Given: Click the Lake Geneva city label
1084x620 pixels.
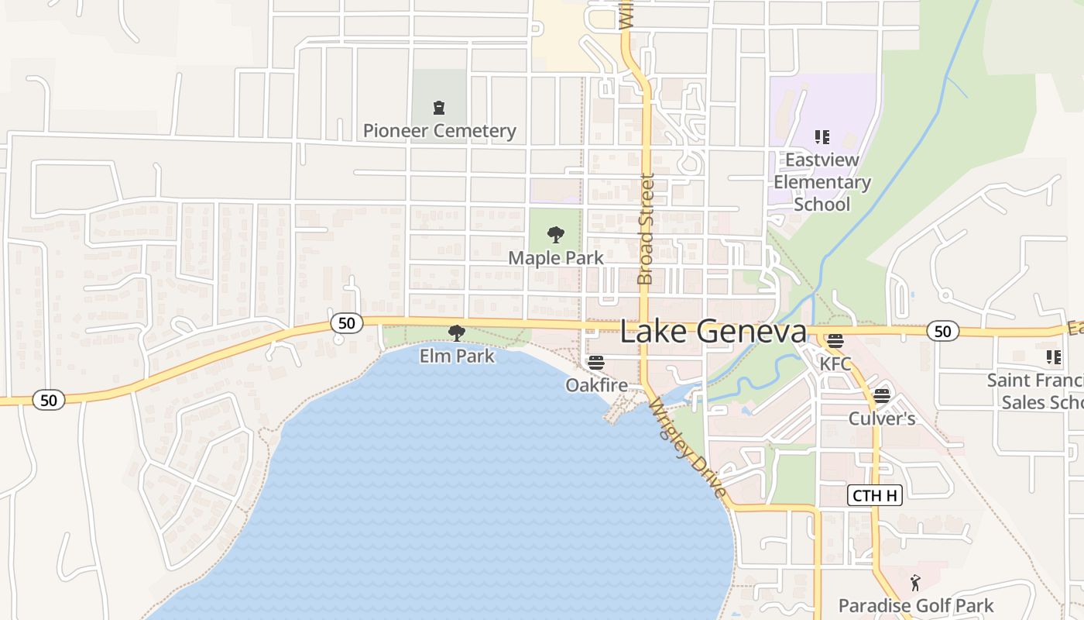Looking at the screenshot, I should (x=713, y=332).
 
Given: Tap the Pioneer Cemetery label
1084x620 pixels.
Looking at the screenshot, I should (x=439, y=131).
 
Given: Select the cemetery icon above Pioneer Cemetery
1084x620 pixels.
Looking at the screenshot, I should (x=439, y=108).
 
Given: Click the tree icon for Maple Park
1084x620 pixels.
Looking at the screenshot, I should (x=555, y=234).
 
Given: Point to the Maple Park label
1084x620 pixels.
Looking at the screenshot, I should (x=555, y=257).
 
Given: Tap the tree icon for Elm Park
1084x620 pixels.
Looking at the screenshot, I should (x=457, y=333).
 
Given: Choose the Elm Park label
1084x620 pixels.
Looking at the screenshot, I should (x=457, y=356).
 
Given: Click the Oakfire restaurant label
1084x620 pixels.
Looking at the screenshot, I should (x=596, y=385).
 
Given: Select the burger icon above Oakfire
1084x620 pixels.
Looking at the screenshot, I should (x=595, y=362).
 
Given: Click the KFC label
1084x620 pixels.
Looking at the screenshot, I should (x=835, y=363).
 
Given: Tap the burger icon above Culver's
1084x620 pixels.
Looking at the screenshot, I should (x=881, y=396).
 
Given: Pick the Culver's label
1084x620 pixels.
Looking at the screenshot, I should (x=882, y=418).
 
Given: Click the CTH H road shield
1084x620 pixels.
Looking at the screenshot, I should (x=875, y=495).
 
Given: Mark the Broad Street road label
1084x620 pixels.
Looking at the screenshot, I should (x=646, y=229).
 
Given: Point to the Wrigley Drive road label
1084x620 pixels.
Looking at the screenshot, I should (x=688, y=449).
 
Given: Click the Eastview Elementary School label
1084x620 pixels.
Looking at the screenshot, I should (x=822, y=182).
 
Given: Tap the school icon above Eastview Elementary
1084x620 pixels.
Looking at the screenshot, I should (x=822, y=137).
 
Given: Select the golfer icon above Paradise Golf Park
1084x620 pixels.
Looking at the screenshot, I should (x=915, y=583).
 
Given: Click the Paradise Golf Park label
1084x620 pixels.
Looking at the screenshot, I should (x=916, y=605).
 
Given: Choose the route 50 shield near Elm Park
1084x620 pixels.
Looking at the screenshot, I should (x=346, y=323).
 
